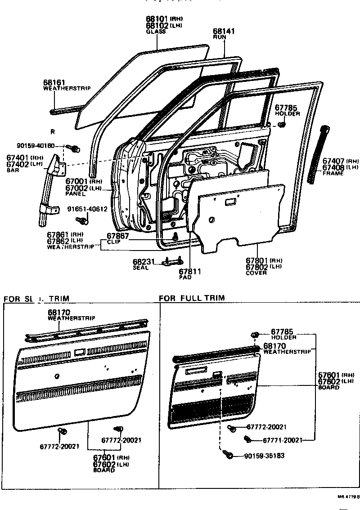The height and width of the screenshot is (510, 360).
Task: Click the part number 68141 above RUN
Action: (x=224, y=31)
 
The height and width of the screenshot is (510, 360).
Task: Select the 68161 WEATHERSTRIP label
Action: (x=54, y=83)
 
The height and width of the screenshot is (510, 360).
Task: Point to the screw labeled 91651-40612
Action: (x=82, y=220)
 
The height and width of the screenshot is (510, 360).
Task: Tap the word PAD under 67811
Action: (x=185, y=277)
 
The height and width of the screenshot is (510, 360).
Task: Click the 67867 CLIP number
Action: (x=118, y=236)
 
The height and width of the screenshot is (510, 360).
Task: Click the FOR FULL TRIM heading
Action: (x=192, y=298)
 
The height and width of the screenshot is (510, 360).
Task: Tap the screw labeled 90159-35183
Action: (x=229, y=456)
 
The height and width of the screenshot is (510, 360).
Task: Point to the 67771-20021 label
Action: (x=282, y=440)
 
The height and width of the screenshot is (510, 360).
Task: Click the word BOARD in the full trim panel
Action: (x=328, y=387)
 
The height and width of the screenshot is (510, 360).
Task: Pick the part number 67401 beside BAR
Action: (x=18, y=158)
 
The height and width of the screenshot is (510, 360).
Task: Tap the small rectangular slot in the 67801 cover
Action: (x=230, y=203)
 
